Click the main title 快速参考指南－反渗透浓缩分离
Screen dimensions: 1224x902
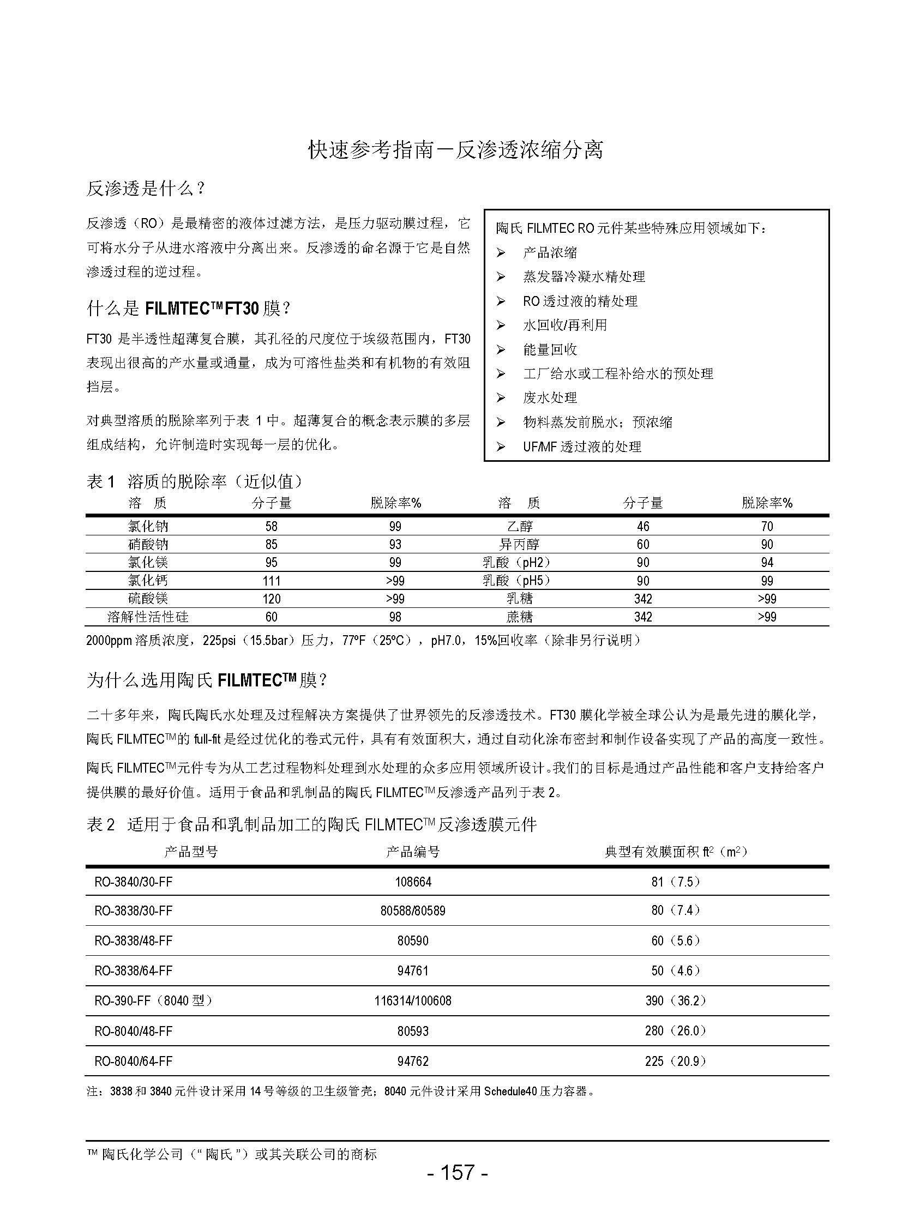click(456, 150)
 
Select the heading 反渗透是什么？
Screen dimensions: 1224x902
click(146, 189)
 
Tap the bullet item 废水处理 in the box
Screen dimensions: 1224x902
click(549, 398)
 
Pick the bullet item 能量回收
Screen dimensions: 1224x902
click(549, 349)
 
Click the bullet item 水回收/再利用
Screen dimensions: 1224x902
click(564, 325)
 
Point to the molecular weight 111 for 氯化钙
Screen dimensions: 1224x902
click(272, 581)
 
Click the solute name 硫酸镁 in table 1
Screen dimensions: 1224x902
click(147, 599)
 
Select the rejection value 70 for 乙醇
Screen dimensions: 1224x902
click(767, 526)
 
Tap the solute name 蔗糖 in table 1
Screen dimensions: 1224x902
click(519, 617)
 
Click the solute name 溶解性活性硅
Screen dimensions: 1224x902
click(148, 617)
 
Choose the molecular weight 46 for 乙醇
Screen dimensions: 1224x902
click(642, 526)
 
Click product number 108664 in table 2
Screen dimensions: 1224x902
click(413, 882)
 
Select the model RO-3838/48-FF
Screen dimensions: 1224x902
click(133, 940)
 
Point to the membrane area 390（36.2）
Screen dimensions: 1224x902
click(675, 1000)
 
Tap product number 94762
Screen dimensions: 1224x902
click(413, 1061)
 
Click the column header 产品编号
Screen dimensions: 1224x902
click(413, 852)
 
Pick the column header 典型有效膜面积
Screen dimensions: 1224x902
click(675, 852)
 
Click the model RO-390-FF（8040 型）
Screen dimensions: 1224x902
click(153, 1000)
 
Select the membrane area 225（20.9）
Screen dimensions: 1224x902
click(675, 1061)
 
